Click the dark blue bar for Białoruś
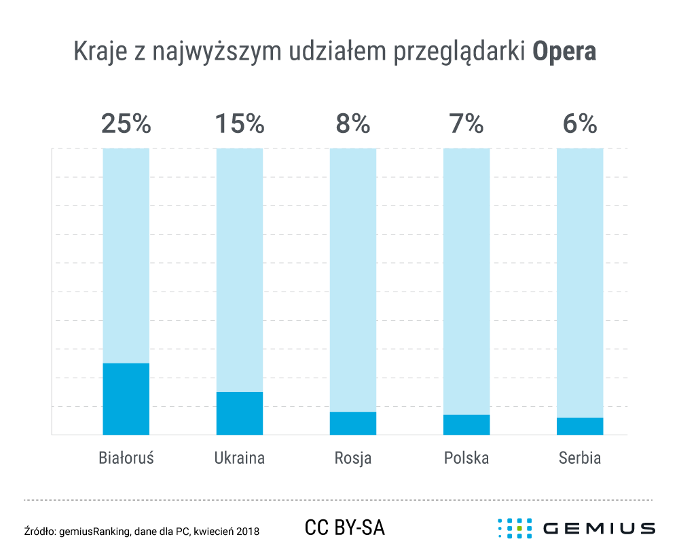(126, 399)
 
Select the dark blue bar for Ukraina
(239, 413)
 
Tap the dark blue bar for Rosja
(353, 423)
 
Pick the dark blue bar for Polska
(466, 424)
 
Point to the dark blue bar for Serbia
(580, 426)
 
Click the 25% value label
(126, 124)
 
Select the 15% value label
(239, 124)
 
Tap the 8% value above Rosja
(353, 124)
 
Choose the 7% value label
(466, 124)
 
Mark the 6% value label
(580, 124)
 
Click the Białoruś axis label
(126, 458)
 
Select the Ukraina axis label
(239, 458)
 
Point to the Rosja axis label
(353, 458)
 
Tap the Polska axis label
(466, 458)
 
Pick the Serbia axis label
(580, 458)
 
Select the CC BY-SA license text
(345, 527)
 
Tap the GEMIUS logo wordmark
(599, 528)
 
